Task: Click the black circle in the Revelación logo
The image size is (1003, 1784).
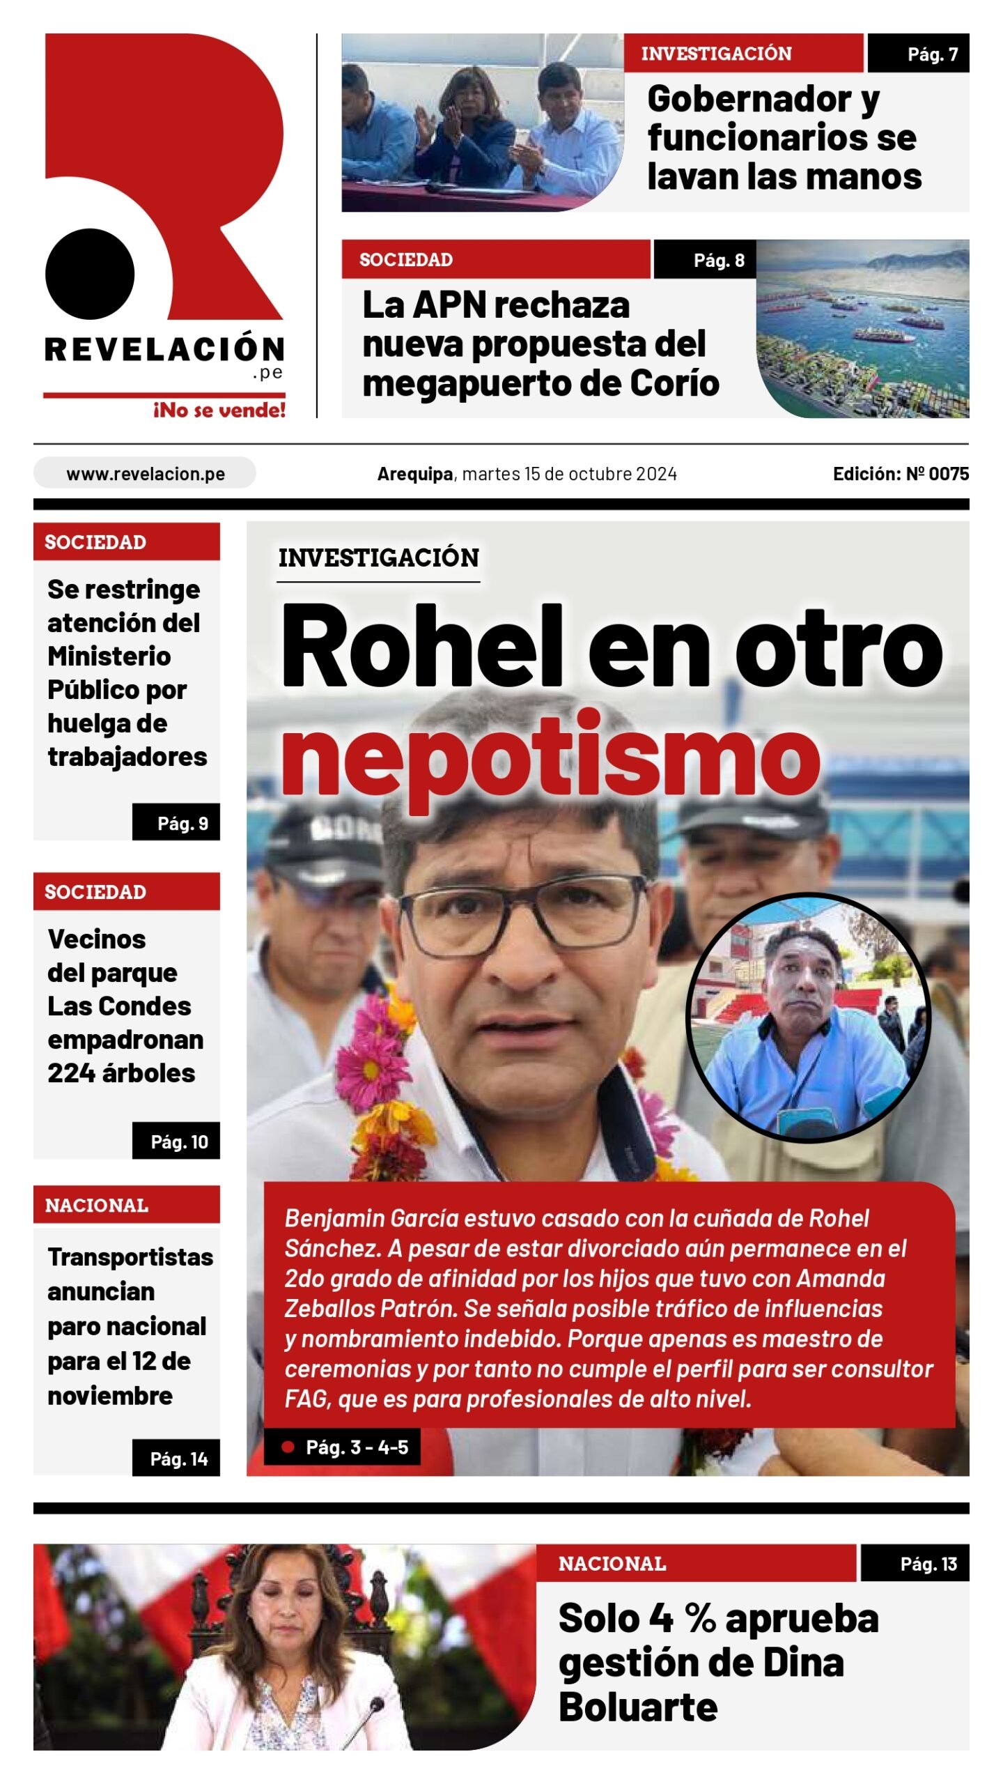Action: point(90,274)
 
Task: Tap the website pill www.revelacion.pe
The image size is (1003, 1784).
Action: point(145,474)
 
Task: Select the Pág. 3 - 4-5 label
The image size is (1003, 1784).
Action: point(356,1447)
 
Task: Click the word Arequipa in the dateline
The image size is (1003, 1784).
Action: point(415,474)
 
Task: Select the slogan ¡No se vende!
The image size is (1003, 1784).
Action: point(219,410)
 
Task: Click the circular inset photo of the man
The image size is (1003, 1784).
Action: point(808,1018)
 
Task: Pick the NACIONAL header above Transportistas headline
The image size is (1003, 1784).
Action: point(97,1206)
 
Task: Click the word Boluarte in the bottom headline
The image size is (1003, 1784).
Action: point(637,1707)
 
